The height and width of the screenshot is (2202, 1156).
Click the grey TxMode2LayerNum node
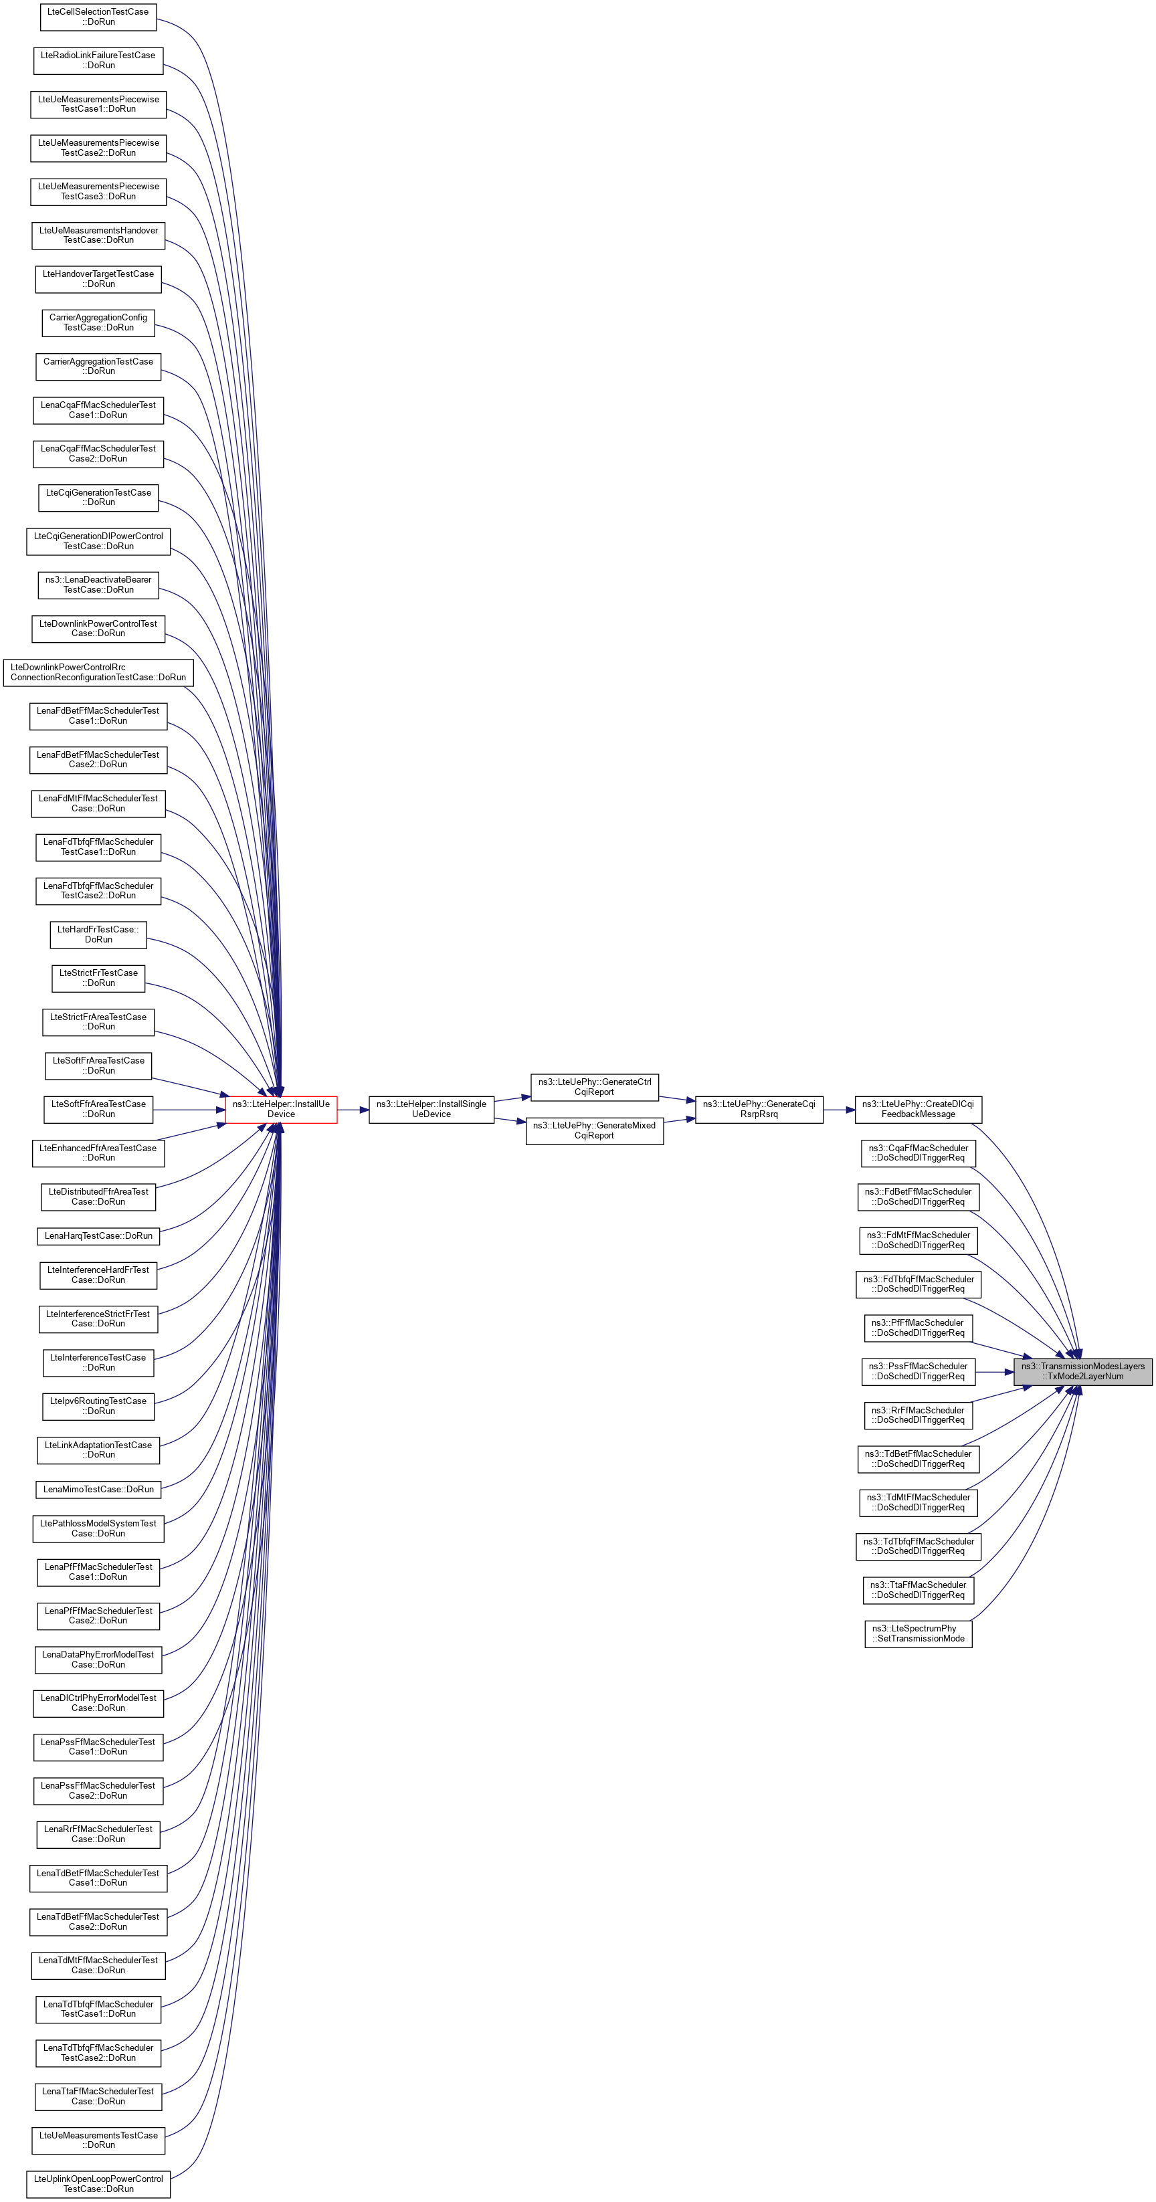1082,1371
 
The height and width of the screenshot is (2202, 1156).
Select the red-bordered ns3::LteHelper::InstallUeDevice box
280,1109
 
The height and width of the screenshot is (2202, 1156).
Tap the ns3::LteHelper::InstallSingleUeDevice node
431,1109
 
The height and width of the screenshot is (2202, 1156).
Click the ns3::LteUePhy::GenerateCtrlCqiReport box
594,1086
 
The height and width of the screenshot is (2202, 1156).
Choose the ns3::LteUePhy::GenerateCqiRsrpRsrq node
759,1109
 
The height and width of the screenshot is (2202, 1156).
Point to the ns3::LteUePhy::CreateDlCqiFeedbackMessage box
917,1109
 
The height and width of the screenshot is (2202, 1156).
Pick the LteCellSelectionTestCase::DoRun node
98,16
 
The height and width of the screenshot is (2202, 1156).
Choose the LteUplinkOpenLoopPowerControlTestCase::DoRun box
98,2183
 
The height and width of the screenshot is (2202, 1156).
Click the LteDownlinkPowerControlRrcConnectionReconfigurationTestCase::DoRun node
98,672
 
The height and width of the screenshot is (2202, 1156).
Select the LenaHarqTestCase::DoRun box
98,1235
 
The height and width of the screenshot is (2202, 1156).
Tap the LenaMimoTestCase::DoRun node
98,1488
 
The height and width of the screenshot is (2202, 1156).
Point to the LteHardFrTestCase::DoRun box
98,934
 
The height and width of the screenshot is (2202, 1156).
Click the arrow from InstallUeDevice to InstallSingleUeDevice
353,1110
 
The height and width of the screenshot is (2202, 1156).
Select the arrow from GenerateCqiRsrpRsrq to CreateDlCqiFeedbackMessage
839,1110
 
